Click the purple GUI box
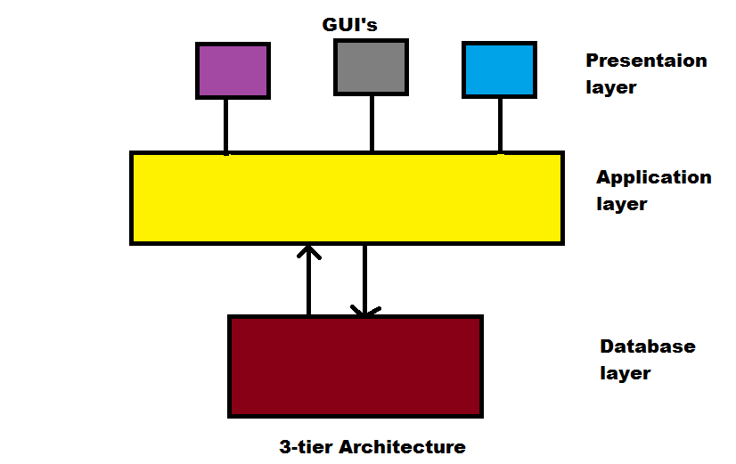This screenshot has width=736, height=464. click(233, 70)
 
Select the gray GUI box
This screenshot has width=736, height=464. click(371, 67)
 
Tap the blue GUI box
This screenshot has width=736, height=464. click(499, 69)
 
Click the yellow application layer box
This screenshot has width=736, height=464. click(347, 198)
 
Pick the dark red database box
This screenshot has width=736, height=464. click(356, 365)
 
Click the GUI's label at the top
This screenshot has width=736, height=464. click(349, 25)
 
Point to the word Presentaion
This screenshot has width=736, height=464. click(646, 61)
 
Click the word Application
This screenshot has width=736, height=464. click(653, 176)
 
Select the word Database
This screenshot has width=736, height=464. click(647, 346)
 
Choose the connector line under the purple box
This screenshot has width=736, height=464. click(226, 125)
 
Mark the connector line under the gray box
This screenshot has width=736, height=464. click(372, 123)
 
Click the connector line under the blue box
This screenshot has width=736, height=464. click(500, 125)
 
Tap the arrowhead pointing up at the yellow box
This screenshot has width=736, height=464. click(308, 251)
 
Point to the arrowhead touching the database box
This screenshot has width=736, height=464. click(364, 312)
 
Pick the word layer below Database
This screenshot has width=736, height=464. click(625, 373)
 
